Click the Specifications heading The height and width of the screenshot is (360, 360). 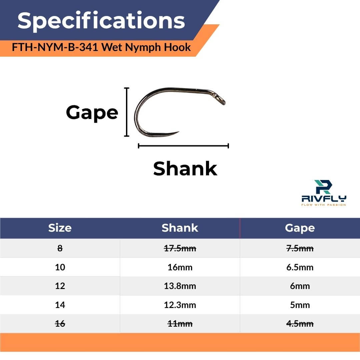tap(101, 21)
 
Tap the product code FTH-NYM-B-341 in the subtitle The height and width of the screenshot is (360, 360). tap(55, 47)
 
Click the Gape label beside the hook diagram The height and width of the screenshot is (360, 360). tap(92, 113)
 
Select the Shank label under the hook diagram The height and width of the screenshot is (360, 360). tap(185, 169)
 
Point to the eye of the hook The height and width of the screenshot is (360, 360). tap(222, 100)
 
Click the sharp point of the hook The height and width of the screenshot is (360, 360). tap(178, 132)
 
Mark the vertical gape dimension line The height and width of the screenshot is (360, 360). tap(127, 112)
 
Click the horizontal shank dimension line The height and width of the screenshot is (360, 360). tap(183, 146)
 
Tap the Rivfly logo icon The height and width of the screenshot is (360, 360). tap(323, 187)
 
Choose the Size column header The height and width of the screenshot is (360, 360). tap(60, 228)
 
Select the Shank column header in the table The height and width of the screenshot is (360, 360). tap(180, 228)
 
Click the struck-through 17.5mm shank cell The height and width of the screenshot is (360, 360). tap(180, 248)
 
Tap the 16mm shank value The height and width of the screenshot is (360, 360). tap(180, 267)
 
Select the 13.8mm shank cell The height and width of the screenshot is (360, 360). tap(180, 286)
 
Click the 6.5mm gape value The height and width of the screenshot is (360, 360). tap(300, 267)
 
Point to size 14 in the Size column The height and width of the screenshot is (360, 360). tap(60, 305)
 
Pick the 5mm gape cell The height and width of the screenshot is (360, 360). tap(300, 305)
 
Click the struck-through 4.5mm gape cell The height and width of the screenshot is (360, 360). tap(300, 324)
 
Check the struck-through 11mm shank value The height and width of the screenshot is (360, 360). tap(180, 324)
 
